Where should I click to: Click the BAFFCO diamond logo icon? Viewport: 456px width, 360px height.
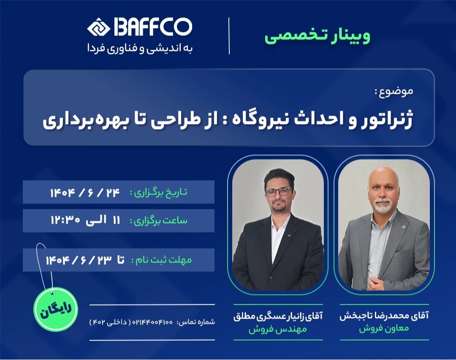pos(98,27)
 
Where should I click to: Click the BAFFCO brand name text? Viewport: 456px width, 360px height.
pos(152,27)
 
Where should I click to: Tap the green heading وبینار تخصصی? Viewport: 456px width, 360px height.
pos(318,36)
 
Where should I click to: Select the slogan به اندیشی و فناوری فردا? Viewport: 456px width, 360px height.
pos(140,48)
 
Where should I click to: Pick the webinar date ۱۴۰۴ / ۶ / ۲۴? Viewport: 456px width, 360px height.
pos(85,192)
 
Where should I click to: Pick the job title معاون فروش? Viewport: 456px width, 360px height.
pos(384,329)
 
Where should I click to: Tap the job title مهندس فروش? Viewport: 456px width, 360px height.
pos(278,329)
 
